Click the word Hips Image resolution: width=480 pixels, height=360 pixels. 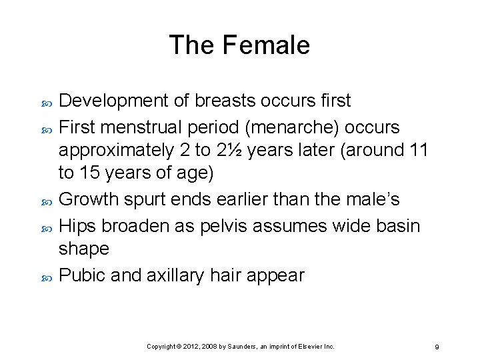[x=77, y=225]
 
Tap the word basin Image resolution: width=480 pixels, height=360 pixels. [x=396, y=225]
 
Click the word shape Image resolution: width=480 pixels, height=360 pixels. [x=83, y=249]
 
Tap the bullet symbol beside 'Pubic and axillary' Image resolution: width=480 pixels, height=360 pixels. [x=46, y=276]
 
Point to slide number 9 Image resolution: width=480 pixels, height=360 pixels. [x=436, y=347]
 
